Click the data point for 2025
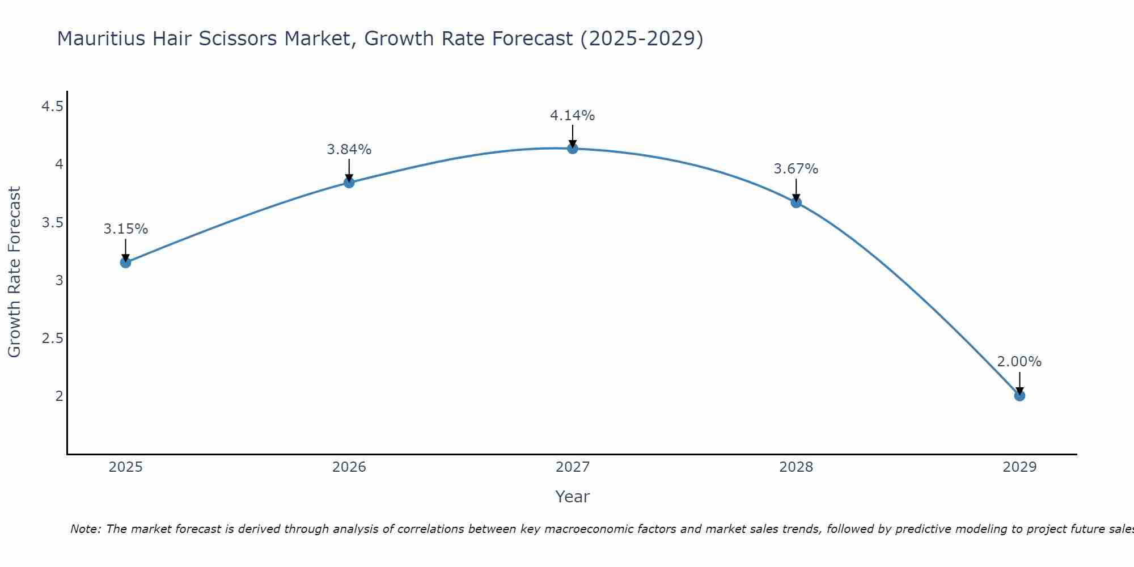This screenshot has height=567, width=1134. [125, 263]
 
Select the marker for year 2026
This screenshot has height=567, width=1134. [349, 183]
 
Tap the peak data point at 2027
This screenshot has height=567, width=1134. [573, 149]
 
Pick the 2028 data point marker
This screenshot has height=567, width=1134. [796, 202]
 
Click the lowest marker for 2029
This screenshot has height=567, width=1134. [1019, 396]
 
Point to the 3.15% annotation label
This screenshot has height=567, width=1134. [125, 229]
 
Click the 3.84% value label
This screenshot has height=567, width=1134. [349, 150]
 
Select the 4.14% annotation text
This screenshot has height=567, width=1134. [573, 116]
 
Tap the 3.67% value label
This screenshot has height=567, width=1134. [796, 169]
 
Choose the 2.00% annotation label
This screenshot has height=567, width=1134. [1019, 362]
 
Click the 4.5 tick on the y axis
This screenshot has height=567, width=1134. [52, 106]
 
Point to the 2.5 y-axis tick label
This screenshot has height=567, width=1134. [52, 338]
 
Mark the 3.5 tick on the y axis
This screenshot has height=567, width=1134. [52, 222]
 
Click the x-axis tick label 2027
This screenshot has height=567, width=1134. [573, 467]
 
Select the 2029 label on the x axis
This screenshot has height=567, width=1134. [1019, 467]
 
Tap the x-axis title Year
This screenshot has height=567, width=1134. [573, 497]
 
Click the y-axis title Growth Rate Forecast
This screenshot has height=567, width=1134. [14, 272]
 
